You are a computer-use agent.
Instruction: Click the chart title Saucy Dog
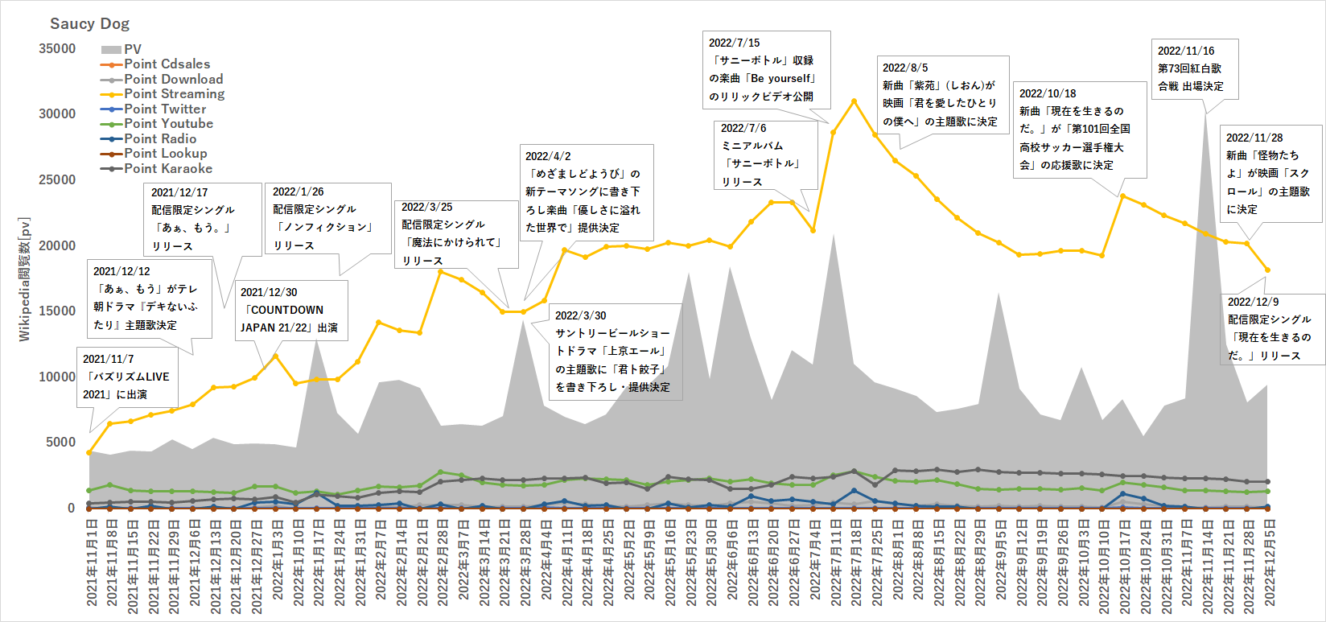[x=89, y=23]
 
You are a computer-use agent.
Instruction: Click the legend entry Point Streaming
[x=174, y=94]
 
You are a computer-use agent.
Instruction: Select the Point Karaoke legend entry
[x=167, y=169]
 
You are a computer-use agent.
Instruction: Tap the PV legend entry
[x=132, y=49]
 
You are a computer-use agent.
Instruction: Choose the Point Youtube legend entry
[x=168, y=124]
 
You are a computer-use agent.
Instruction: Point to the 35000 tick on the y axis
[x=57, y=49]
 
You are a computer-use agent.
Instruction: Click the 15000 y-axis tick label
[x=57, y=311]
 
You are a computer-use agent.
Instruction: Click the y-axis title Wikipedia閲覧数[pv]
[x=24, y=278]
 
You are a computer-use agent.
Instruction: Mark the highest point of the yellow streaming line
[x=854, y=101]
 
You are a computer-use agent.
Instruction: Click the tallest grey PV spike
[x=1205, y=117]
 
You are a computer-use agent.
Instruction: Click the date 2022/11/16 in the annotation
[x=1186, y=51]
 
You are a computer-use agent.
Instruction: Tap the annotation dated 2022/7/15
[x=765, y=69]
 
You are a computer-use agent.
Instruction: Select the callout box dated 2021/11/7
[x=127, y=377]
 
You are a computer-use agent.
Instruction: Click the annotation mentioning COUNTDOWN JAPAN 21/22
[x=290, y=310]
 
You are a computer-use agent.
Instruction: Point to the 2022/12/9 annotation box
[x=1270, y=328]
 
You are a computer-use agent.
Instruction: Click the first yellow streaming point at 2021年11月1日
[x=89, y=453]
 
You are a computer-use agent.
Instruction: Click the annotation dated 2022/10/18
[x=1077, y=129]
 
